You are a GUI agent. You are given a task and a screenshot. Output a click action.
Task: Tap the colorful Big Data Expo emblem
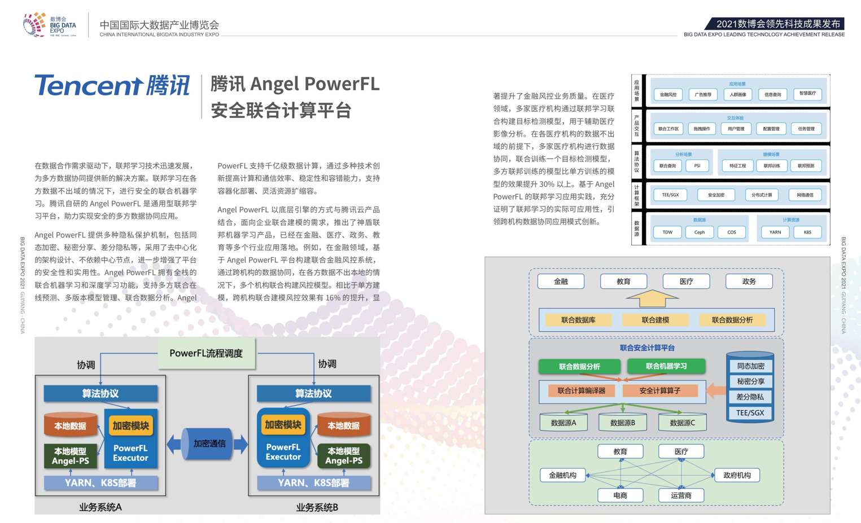point(34,25)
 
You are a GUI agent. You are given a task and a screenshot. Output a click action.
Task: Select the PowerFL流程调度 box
point(206,353)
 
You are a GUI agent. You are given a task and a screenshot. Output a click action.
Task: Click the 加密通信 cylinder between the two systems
point(209,444)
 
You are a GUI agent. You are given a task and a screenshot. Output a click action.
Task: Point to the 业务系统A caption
point(100,507)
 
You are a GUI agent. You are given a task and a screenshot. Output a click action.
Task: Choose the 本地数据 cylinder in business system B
point(343,426)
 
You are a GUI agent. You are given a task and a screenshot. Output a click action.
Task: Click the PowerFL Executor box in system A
point(130,452)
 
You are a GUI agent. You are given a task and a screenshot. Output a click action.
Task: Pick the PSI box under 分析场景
point(697,166)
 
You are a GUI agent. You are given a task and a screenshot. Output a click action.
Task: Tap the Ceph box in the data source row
point(700,232)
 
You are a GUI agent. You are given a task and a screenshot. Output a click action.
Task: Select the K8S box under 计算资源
point(807,232)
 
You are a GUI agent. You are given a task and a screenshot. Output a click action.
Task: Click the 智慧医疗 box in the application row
point(807,94)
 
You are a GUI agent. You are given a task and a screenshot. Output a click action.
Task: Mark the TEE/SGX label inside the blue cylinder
point(750,413)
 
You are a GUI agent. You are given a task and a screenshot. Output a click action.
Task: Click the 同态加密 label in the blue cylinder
point(750,366)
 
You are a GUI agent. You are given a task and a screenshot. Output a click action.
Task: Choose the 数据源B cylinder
point(623,423)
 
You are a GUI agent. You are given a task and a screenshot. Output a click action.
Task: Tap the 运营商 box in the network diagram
point(681,495)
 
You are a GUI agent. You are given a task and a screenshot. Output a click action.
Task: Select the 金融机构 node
point(562,475)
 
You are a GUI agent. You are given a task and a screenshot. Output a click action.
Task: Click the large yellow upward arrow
point(652,298)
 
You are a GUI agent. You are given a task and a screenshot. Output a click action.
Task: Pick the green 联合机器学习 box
point(666,366)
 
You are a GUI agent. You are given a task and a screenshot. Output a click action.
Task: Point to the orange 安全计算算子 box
point(659,390)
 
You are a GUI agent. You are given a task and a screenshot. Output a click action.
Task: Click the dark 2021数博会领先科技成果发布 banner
point(777,24)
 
